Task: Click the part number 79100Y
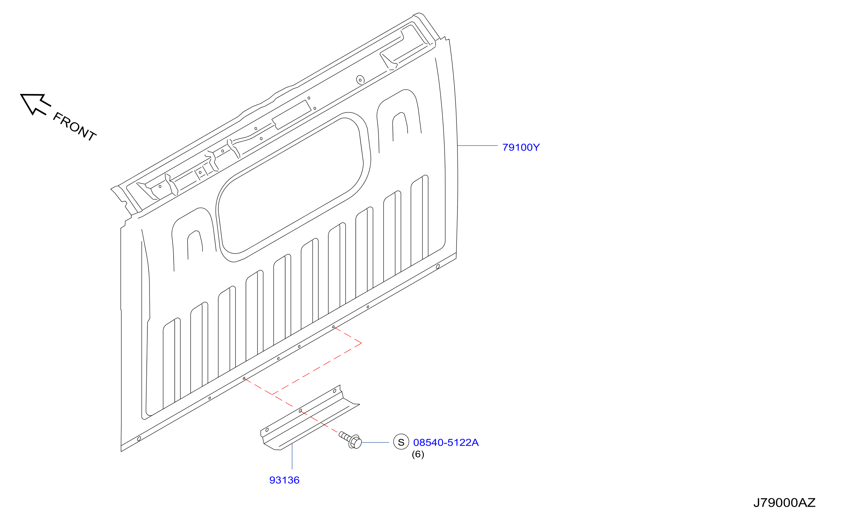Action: pyautogui.click(x=521, y=148)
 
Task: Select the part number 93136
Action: pyautogui.click(x=284, y=480)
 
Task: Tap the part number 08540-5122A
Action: pyautogui.click(x=446, y=443)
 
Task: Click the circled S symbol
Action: pyautogui.click(x=401, y=442)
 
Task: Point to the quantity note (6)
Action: pyautogui.click(x=418, y=454)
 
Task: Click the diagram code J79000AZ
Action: pyautogui.click(x=784, y=503)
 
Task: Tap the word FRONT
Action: pyautogui.click(x=74, y=126)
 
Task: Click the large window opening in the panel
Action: pyautogui.click(x=291, y=186)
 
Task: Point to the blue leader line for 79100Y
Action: pyautogui.click(x=478, y=145)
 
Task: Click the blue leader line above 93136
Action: pyautogui.click(x=292, y=456)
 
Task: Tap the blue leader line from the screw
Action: pyautogui.click(x=375, y=443)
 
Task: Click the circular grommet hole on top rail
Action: pyautogui.click(x=360, y=80)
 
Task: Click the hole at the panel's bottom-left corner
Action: pyautogui.click(x=139, y=439)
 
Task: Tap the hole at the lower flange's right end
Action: pyautogui.click(x=438, y=267)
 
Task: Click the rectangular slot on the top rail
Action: pyautogui.click(x=292, y=115)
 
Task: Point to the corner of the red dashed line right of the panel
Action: pyautogui.click(x=361, y=343)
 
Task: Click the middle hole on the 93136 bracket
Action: pyautogui.click(x=300, y=411)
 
